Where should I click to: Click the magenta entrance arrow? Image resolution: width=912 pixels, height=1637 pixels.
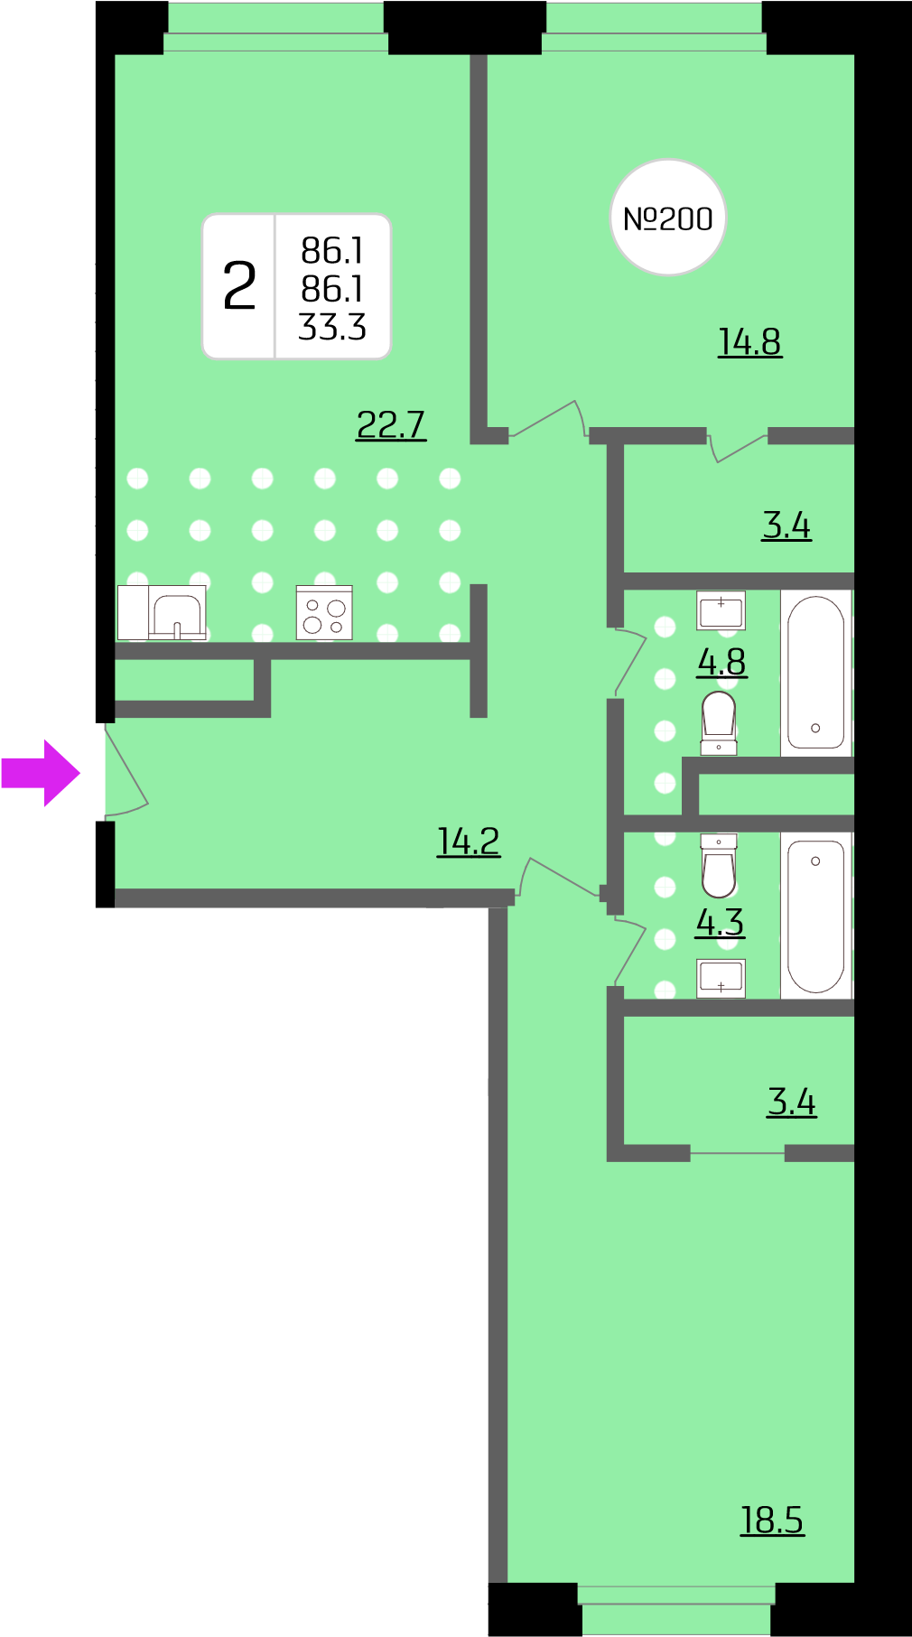pos(41,773)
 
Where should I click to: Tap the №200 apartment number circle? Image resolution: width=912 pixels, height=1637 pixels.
pos(668,218)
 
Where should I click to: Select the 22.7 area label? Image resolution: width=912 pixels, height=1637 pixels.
pos(391,424)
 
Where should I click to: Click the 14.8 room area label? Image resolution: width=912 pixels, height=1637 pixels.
pos(749,342)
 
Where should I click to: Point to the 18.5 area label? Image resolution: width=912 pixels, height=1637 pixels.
pos(772,1520)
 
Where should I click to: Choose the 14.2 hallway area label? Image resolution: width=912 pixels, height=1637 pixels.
pos(469,841)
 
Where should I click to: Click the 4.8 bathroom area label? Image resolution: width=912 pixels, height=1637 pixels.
pos(721,662)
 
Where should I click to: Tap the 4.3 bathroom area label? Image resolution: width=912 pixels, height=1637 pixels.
pos(720,922)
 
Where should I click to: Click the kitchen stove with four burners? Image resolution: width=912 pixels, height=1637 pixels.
pos(324,613)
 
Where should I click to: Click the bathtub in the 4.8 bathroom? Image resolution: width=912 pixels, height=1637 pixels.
pos(816,673)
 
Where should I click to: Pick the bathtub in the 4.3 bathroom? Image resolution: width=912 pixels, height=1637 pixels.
pos(816,916)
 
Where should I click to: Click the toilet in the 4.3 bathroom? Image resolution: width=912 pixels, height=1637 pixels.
pos(719,865)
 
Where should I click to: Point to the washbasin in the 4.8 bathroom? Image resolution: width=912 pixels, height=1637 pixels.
pos(721,610)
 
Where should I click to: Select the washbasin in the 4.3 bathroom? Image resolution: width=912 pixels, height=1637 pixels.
pos(721,978)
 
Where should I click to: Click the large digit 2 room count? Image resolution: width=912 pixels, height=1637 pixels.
pos(239,286)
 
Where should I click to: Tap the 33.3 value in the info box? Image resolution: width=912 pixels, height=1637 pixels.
pos(332,327)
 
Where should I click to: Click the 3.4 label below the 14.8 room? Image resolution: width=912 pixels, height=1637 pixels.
pos(786,525)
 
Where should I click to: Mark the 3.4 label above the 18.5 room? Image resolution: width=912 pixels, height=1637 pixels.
pos(792,1102)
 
